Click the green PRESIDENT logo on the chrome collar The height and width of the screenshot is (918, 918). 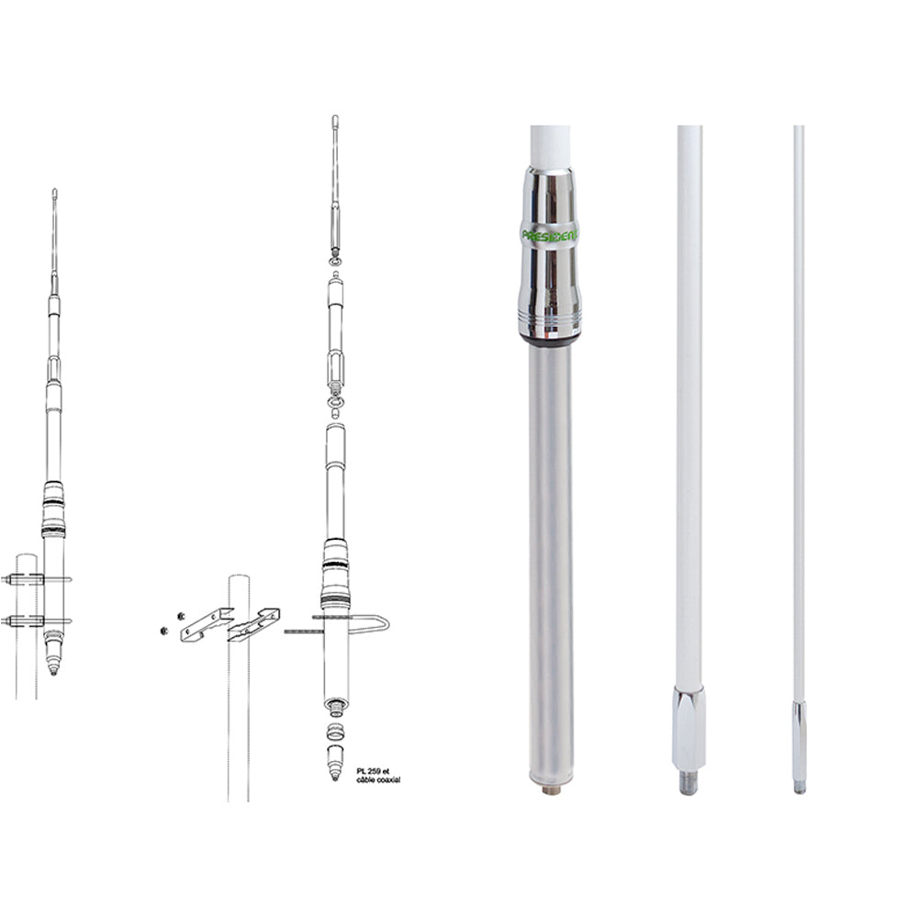pos(550,235)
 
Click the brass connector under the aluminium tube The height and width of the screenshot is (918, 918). pos(551,788)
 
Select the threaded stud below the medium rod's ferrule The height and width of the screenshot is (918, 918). pos(688,782)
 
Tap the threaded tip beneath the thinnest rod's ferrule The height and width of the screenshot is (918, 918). pos(800,787)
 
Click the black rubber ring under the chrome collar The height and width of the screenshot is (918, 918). pos(550,340)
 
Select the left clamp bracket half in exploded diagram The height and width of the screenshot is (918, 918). pos(206,625)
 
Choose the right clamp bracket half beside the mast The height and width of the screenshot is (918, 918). pos(254,624)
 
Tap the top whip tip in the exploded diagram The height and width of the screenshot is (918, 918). pos(335,119)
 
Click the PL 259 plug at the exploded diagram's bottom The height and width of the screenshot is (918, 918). pos(335,762)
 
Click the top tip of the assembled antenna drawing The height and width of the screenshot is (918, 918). pos(55,193)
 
